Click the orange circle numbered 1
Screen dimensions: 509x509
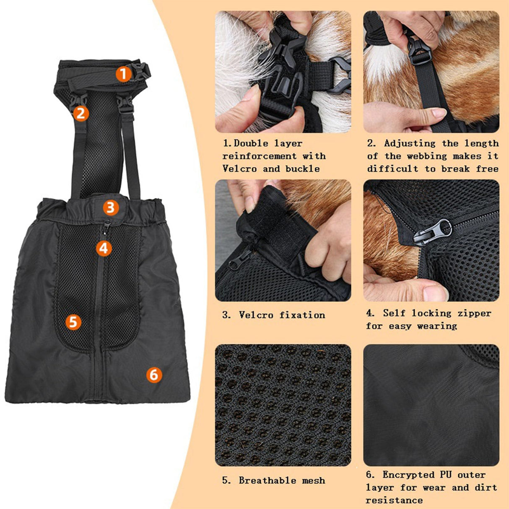(x=123, y=74)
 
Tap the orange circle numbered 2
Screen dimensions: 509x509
(x=81, y=113)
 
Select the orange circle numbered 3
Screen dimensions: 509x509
(x=110, y=207)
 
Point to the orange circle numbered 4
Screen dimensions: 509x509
(x=104, y=248)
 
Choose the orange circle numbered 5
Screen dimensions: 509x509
(x=73, y=322)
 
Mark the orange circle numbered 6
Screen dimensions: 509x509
(x=154, y=374)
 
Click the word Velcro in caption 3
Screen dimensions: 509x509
(x=255, y=315)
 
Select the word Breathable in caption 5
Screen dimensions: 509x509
(x=267, y=480)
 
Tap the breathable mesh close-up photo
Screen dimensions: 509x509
(x=283, y=405)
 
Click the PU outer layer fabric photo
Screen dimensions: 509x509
(x=431, y=405)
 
